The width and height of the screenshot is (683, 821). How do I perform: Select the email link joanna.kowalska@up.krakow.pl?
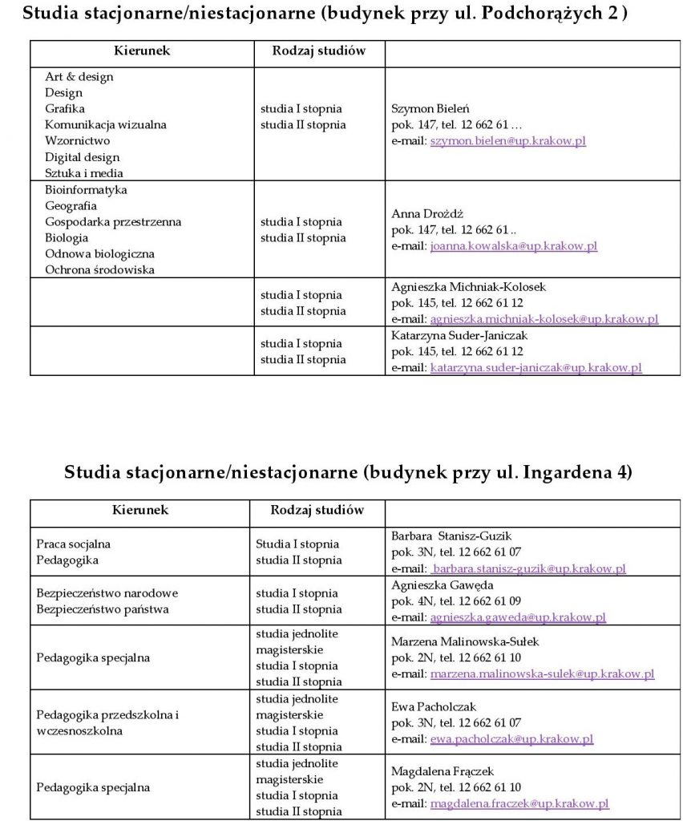pyautogui.click(x=513, y=246)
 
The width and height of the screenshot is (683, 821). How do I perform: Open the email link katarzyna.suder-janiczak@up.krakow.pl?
pyautogui.click(x=535, y=368)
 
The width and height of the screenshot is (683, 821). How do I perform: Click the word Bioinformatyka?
pyautogui.click(x=86, y=190)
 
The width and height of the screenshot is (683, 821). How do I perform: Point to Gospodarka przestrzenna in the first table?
pyautogui.click(x=113, y=222)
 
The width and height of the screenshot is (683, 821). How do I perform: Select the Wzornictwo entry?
pyautogui.click(x=77, y=141)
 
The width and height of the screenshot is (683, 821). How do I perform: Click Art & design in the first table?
pyautogui.click(x=79, y=77)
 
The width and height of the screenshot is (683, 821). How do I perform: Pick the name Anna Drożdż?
pyautogui.click(x=425, y=214)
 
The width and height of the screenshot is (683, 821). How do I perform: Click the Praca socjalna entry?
pyautogui.click(x=74, y=544)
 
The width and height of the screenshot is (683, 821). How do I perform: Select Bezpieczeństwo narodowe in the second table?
pyautogui.click(x=107, y=593)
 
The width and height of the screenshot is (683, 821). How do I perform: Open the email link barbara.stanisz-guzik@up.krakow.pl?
pyautogui.click(x=529, y=568)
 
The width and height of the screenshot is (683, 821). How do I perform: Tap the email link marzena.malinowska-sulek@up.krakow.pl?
pyautogui.click(x=542, y=674)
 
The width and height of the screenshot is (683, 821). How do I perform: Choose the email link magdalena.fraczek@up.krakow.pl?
pyautogui.click(x=519, y=803)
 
